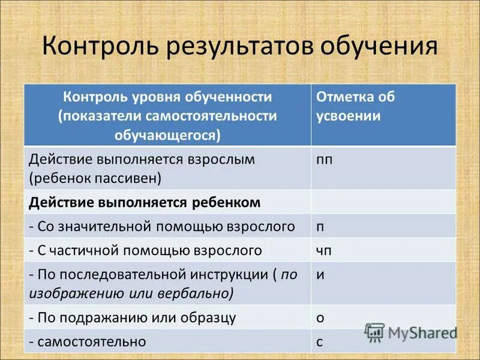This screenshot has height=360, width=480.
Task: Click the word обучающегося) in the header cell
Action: coord(167,135)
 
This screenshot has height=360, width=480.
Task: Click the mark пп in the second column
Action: coord(323,160)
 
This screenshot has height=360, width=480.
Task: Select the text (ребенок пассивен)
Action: coord(95,178)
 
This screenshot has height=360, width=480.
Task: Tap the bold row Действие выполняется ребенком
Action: coord(145,202)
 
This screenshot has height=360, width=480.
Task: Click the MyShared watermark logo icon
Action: coord(374,332)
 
